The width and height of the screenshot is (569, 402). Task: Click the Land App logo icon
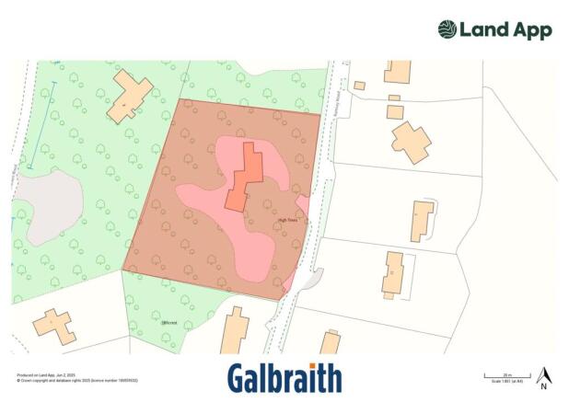tap(447, 29)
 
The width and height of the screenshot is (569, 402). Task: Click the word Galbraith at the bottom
tap(284, 378)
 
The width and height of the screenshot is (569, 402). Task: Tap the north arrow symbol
tap(544, 374)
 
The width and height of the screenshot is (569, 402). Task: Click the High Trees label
tap(287, 219)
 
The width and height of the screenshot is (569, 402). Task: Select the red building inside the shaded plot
tap(245, 178)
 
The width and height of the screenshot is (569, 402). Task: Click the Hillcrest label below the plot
tap(169, 323)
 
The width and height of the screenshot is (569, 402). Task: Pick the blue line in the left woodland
tap(41, 125)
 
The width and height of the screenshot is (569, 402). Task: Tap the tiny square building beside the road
tap(359, 86)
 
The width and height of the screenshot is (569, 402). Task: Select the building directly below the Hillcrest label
tap(235, 332)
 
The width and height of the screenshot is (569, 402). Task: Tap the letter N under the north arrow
tap(544, 386)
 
